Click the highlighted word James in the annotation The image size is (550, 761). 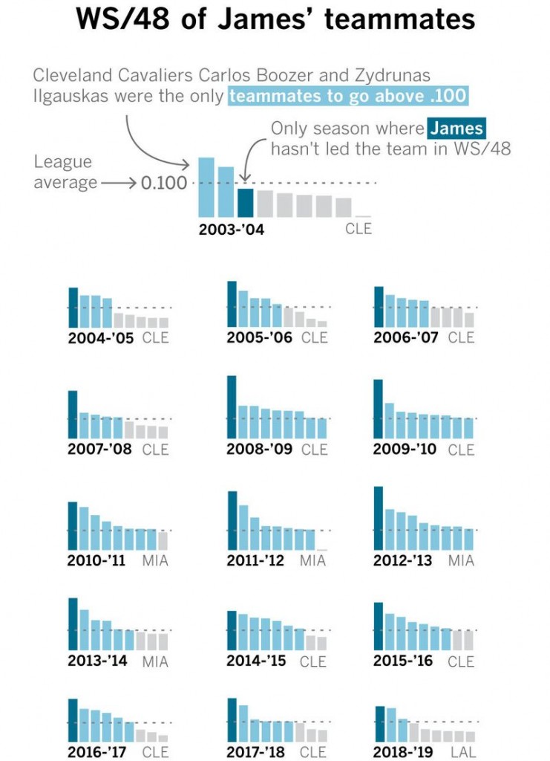tap(456, 129)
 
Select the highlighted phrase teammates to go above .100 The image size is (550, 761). tap(349, 97)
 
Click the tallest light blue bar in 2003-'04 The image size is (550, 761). tap(206, 187)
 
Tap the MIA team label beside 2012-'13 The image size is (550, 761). tap(461, 560)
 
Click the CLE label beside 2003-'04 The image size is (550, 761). tap(359, 229)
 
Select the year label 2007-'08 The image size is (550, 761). tap(99, 449)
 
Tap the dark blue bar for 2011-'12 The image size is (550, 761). tap(232, 520)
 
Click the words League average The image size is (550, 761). tap(63, 172)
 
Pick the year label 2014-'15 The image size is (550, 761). tap(256, 660)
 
